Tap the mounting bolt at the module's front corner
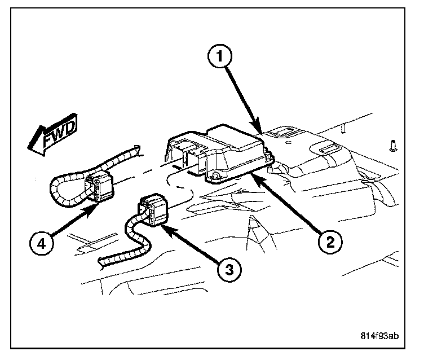[x=215, y=179]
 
